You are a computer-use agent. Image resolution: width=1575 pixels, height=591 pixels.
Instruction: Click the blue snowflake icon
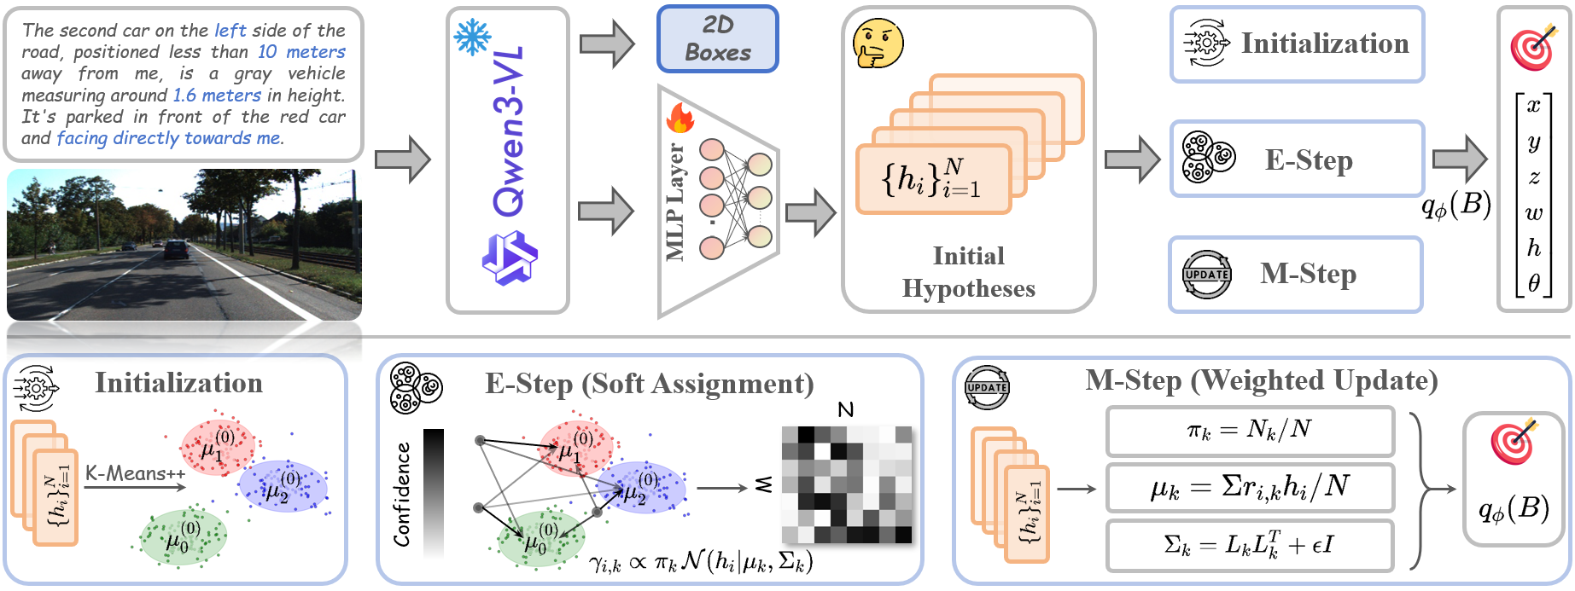472,38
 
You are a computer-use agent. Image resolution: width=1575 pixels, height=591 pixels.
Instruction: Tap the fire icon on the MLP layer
680,119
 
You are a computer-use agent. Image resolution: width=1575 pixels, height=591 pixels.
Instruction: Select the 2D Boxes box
717,39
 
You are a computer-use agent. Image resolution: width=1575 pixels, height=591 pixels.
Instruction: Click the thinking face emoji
878,43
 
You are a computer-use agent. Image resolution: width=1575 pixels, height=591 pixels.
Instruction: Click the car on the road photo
176,249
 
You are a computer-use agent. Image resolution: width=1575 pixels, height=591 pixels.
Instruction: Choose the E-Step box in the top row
1297,159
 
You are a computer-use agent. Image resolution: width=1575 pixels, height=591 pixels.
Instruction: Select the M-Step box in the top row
1296,274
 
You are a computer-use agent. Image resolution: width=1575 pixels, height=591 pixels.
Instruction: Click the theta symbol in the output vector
1534,283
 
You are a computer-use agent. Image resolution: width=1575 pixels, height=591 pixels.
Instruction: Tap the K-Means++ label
135,473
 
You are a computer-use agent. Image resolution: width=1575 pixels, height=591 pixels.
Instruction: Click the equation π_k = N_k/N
1250,430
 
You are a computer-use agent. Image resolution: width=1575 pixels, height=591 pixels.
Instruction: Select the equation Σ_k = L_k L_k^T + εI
1250,544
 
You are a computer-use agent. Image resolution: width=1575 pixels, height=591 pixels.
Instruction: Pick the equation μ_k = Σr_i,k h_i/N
1250,487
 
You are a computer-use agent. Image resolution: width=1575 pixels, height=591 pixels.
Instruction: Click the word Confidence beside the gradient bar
401,495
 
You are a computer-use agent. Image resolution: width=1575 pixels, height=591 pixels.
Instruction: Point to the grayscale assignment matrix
847,484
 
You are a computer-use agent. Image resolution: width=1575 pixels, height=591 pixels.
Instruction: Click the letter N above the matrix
846,410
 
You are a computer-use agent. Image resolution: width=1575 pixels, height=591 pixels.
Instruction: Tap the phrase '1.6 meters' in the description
217,96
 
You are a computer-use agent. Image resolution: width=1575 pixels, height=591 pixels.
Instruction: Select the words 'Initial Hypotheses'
968,272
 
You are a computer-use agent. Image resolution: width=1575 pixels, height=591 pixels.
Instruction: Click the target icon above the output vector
1533,46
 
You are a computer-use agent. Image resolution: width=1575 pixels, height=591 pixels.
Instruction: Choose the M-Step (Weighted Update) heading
1261,380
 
